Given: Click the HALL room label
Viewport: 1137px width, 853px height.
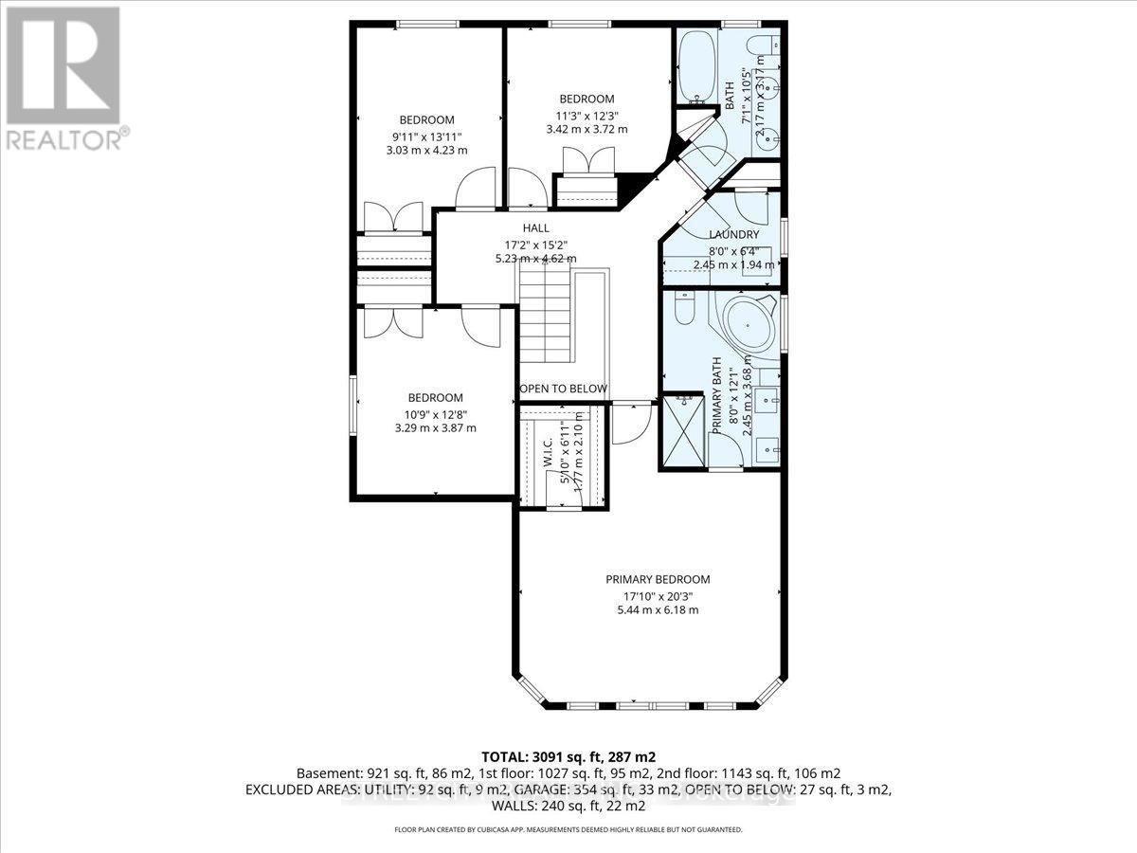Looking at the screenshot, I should click(536, 228).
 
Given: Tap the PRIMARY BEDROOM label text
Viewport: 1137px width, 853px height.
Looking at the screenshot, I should click(658, 579).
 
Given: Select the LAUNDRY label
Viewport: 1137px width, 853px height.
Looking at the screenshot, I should click(734, 234).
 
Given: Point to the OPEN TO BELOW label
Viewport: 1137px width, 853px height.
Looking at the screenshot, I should click(563, 390).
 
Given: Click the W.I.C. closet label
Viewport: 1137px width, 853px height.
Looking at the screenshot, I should click(548, 457).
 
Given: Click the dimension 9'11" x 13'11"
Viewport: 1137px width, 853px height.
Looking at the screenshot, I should click(426, 136).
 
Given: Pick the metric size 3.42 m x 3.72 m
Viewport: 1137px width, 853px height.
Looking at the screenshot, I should click(587, 129).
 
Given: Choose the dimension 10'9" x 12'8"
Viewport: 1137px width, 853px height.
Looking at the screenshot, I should click(436, 413).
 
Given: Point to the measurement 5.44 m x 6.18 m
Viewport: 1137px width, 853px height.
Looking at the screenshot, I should click(658, 609).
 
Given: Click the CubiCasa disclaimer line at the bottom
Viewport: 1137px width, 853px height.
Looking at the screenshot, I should click(568, 829).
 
